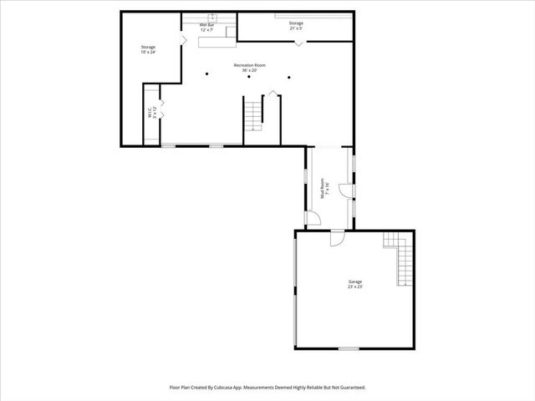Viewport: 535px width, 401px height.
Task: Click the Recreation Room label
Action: [249, 67]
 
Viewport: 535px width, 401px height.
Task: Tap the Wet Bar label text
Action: [206, 28]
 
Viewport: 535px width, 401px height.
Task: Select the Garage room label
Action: [355, 284]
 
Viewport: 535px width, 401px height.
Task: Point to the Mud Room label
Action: [327, 189]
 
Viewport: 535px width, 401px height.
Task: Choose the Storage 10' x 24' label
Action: [148, 49]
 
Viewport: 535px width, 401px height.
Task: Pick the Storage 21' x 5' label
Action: [296, 25]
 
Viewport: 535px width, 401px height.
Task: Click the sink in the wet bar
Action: [211, 18]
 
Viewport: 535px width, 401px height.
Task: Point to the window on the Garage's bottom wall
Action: [349, 348]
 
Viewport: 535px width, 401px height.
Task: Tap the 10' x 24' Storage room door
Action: [183, 38]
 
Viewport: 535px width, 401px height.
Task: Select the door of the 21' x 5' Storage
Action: [298, 42]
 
